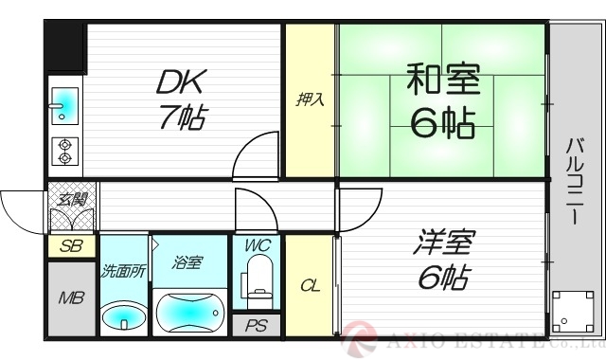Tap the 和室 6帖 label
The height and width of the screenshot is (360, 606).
[x=441, y=100]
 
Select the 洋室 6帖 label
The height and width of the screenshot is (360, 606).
[x=441, y=260]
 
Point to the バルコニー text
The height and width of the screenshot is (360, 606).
[x=574, y=180]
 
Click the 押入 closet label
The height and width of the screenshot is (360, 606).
[x=310, y=99]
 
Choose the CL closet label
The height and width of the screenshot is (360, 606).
[x=309, y=285]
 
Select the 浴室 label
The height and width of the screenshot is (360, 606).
[x=187, y=261]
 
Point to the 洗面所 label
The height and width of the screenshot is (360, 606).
[x=123, y=271]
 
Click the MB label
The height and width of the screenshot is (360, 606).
[x=72, y=299]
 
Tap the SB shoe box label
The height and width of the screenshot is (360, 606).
[x=72, y=245]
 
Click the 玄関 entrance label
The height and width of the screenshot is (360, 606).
[x=72, y=199]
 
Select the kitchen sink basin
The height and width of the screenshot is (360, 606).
[x=62, y=104]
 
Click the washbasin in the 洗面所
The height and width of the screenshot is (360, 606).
[x=123, y=315]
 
